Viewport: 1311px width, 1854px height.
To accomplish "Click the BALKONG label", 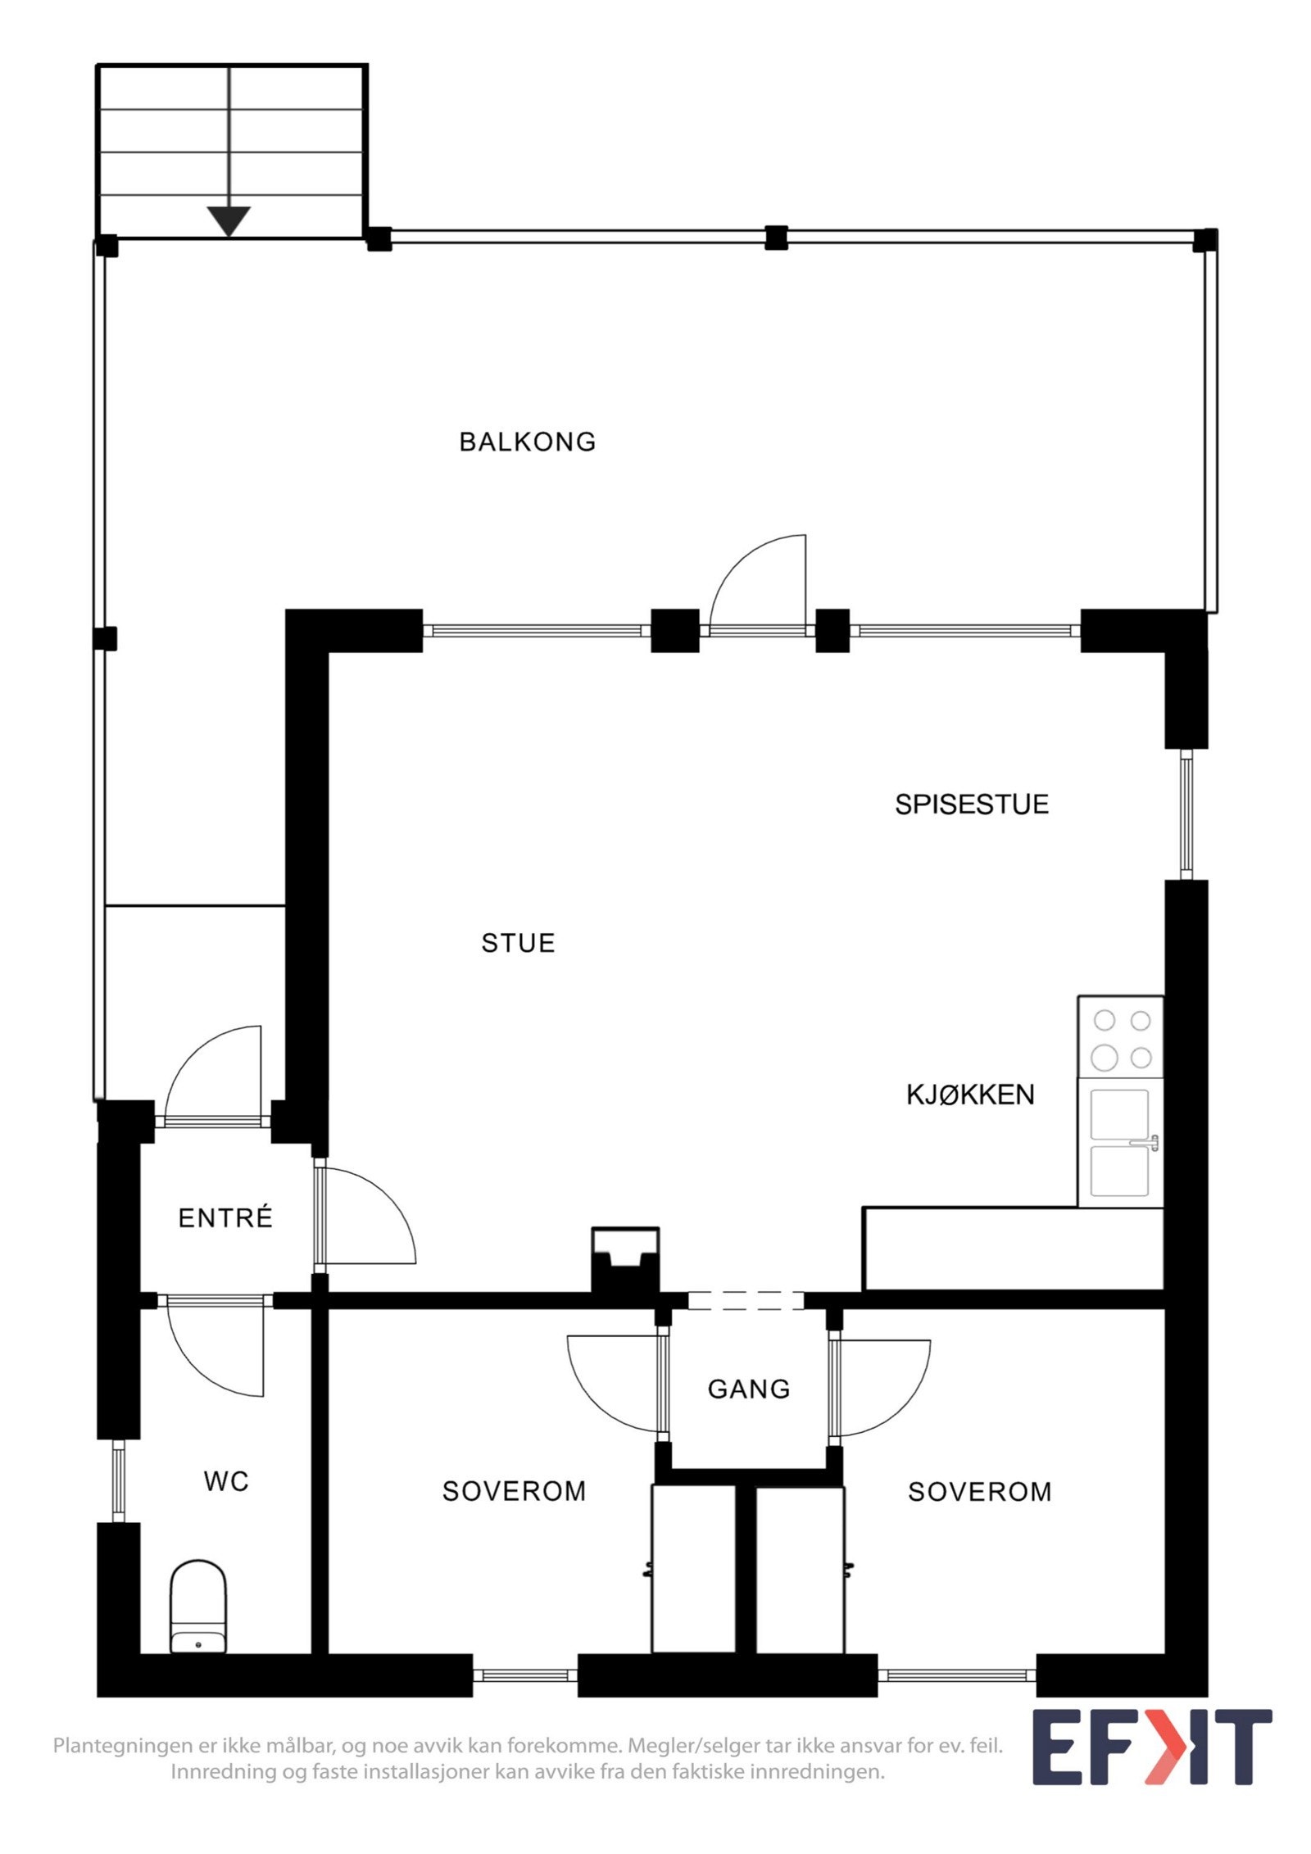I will pos(527,442).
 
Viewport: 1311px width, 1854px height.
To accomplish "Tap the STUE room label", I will pos(518,943).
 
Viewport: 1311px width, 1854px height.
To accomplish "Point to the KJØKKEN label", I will pos(970,1095).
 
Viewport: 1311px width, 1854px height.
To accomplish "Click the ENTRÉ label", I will pos(225,1218).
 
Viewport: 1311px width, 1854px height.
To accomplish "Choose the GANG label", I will pos(749,1389).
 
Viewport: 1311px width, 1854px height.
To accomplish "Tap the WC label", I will pos(226,1481).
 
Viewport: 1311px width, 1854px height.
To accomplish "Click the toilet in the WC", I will pos(197,1607).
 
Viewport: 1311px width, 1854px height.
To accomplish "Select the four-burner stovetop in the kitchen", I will pos(1121,1038).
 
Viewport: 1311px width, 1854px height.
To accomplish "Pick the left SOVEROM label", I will pos(514,1491).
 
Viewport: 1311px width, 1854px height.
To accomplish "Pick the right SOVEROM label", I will pos(979,1492).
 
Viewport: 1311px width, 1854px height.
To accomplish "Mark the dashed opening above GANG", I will pos(746,1299).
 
